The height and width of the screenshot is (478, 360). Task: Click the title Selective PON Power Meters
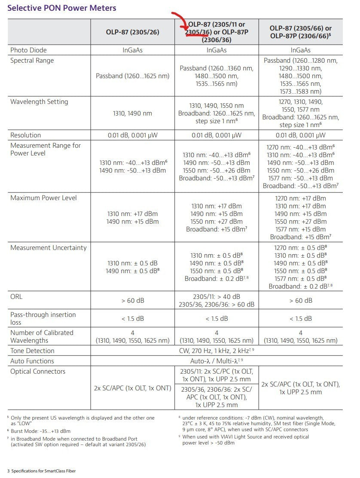point(62,8)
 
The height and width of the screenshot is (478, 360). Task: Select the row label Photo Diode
point(28,50)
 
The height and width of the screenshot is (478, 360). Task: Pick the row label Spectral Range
point(32,61)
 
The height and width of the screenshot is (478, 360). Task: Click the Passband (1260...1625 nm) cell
point(133,76)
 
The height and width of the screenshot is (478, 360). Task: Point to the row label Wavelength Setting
point(39,102)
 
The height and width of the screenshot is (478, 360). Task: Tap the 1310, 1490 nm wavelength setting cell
point(133,113)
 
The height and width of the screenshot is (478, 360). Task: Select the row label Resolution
point(26,135)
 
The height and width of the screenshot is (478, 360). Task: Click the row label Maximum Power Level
point(43,198)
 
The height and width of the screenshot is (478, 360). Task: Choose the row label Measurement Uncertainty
point(49,248)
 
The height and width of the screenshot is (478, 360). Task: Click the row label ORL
point(16,297)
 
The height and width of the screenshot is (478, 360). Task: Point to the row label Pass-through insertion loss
point(43,318)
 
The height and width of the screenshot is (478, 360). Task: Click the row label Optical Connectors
point(38,371)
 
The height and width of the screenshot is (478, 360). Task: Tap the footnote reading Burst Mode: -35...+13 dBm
point(40,431)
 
